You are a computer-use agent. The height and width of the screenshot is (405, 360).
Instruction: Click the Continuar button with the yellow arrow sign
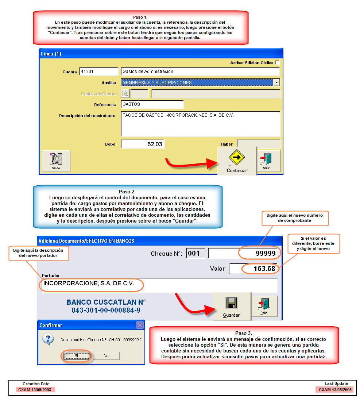pos(237,161)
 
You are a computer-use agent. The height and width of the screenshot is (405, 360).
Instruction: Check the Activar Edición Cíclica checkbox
pos(277,63)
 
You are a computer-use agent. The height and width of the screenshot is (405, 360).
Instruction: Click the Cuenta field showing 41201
pos(98,72)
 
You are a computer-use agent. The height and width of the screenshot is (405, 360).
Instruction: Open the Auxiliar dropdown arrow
pos(276,82)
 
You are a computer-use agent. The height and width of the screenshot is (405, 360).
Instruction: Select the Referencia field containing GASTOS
pos(152,104)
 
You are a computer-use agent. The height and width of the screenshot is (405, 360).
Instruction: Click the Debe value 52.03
pos(143,144)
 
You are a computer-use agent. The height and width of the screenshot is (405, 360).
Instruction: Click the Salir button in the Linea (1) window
pos(266,161)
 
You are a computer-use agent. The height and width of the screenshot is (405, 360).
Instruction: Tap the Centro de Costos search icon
pos(125,94)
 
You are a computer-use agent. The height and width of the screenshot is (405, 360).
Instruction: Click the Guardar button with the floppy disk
pos(231,306)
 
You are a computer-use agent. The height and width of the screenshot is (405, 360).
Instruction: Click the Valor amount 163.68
pos(253,269)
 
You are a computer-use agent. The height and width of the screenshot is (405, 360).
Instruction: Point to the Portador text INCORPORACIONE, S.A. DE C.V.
pos(89,283)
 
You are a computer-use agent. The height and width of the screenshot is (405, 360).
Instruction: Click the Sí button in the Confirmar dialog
pos(76,356)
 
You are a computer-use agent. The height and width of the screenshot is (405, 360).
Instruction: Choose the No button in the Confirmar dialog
pos(106,356)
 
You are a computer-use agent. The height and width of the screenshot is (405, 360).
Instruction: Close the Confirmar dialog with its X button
pos(140,325)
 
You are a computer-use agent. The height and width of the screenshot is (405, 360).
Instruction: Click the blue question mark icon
pos(48,339)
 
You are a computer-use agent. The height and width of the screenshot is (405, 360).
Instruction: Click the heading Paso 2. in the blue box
pos(127,192)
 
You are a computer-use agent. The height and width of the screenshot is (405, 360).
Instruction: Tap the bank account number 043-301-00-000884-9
pos(106,310)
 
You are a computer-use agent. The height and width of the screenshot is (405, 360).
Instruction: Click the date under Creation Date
pos(36,390)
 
